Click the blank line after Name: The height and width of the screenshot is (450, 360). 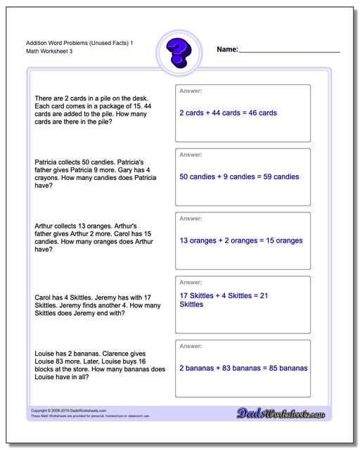click(289, 51)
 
